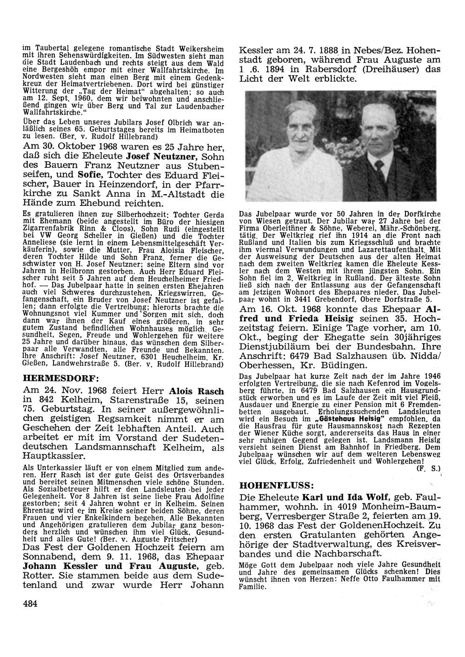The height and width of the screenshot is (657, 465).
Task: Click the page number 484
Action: click(x=29, y=604)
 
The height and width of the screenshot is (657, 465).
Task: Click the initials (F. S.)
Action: click(x=426, y=469)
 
